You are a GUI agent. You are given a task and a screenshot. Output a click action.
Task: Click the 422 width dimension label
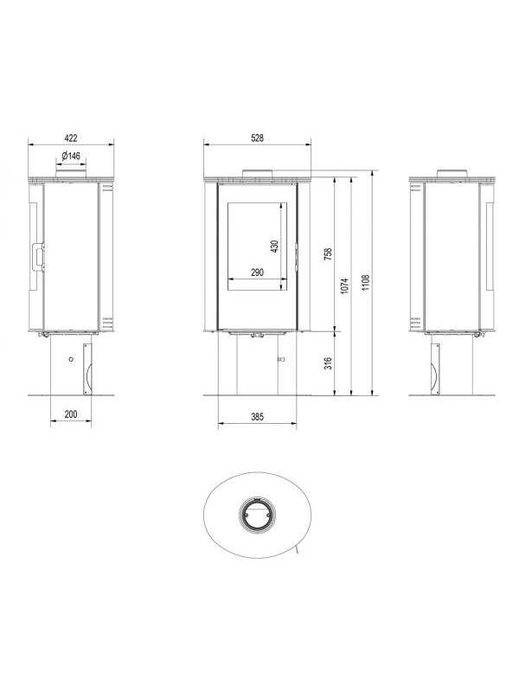point(71,138)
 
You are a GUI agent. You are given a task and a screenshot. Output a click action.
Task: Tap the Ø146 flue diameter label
point(71,156)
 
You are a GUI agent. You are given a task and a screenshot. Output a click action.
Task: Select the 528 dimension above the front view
point(257,138)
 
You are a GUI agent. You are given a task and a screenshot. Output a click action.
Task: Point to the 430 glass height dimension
point(274,247)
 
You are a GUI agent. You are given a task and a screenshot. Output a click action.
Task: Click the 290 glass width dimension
point(257,272)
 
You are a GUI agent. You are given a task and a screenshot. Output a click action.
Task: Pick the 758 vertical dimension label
point(328,253)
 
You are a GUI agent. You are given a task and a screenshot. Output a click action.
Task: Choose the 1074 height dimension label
point(345,285)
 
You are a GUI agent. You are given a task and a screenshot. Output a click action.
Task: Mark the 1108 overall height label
point(366,283)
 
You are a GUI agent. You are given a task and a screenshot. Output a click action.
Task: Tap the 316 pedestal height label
point(328,363)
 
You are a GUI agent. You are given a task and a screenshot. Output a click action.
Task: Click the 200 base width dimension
point(71,414)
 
